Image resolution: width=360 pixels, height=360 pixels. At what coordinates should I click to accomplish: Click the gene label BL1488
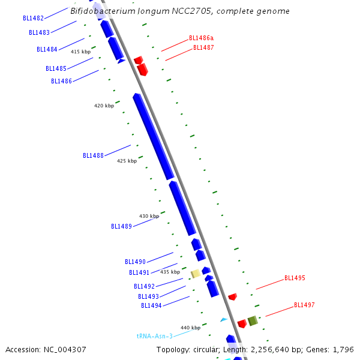point(93,155)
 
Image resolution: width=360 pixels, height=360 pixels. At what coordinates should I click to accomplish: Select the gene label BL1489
point(121,226)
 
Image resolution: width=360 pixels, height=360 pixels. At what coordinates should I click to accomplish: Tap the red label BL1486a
point(202,38)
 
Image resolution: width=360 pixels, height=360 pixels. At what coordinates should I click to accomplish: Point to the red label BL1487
point(203,48)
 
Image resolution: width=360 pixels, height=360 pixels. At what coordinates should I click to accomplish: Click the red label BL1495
point(295,278)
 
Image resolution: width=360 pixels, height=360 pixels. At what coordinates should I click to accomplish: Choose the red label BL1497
point(304,305)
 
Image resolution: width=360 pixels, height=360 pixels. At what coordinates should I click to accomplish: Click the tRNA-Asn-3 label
point(154,337)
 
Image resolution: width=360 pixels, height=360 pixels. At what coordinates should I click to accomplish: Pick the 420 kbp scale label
point(104,106)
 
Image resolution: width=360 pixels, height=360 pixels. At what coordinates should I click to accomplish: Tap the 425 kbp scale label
point(127,161)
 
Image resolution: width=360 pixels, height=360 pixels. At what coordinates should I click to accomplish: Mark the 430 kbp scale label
point(149,216)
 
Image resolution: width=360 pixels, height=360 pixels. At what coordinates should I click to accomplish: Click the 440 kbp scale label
point(190,328)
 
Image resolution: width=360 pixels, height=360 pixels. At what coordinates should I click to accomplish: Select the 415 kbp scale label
point(80,52)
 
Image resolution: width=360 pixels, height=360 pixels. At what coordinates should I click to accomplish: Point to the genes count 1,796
point(343,349)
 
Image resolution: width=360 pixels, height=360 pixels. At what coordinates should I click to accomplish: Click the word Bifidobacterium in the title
point(99,11)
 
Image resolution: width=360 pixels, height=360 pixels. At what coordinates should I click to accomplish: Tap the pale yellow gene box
point(196,274)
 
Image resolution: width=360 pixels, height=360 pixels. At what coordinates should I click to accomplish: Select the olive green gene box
point(253,320)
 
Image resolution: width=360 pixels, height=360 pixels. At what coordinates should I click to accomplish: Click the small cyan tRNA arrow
point(224,320)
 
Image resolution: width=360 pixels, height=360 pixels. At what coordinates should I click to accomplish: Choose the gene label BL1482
point(33,18)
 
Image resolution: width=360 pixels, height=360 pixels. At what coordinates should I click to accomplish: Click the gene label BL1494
point(151,305)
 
